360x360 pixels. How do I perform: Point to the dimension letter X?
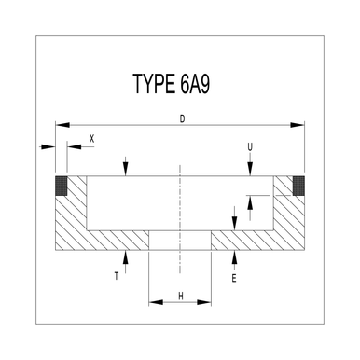[91, 138]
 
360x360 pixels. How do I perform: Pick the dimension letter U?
[250, 146]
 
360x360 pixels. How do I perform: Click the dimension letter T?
[116, 276]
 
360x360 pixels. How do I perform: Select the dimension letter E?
[234, 278]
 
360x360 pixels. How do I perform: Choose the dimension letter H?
[180, 297]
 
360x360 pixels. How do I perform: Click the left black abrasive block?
[62, 185]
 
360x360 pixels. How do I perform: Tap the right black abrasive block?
[299, 185]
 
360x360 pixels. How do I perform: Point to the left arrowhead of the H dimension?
[153, 302]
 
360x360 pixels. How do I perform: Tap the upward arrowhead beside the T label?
[126, 256]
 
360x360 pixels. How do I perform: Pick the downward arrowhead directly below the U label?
[250, 171]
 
